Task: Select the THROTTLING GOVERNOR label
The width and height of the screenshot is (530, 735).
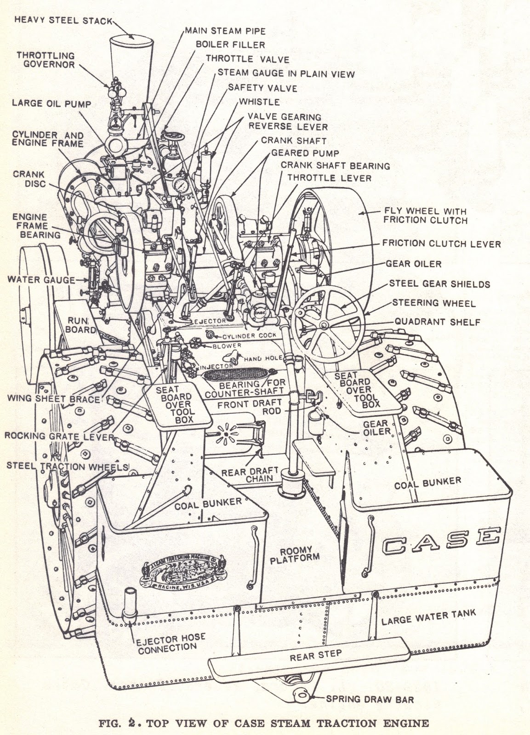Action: click(46, 60)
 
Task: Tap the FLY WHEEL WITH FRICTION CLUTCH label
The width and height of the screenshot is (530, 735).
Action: click(424, 216)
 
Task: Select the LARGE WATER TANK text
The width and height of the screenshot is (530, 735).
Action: click(428, 616)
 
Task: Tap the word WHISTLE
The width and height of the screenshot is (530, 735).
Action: click(259, 102)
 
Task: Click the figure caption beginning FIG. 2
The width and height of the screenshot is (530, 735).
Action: click(264, 724)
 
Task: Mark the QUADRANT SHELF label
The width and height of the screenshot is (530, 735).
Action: click(437, 322)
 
